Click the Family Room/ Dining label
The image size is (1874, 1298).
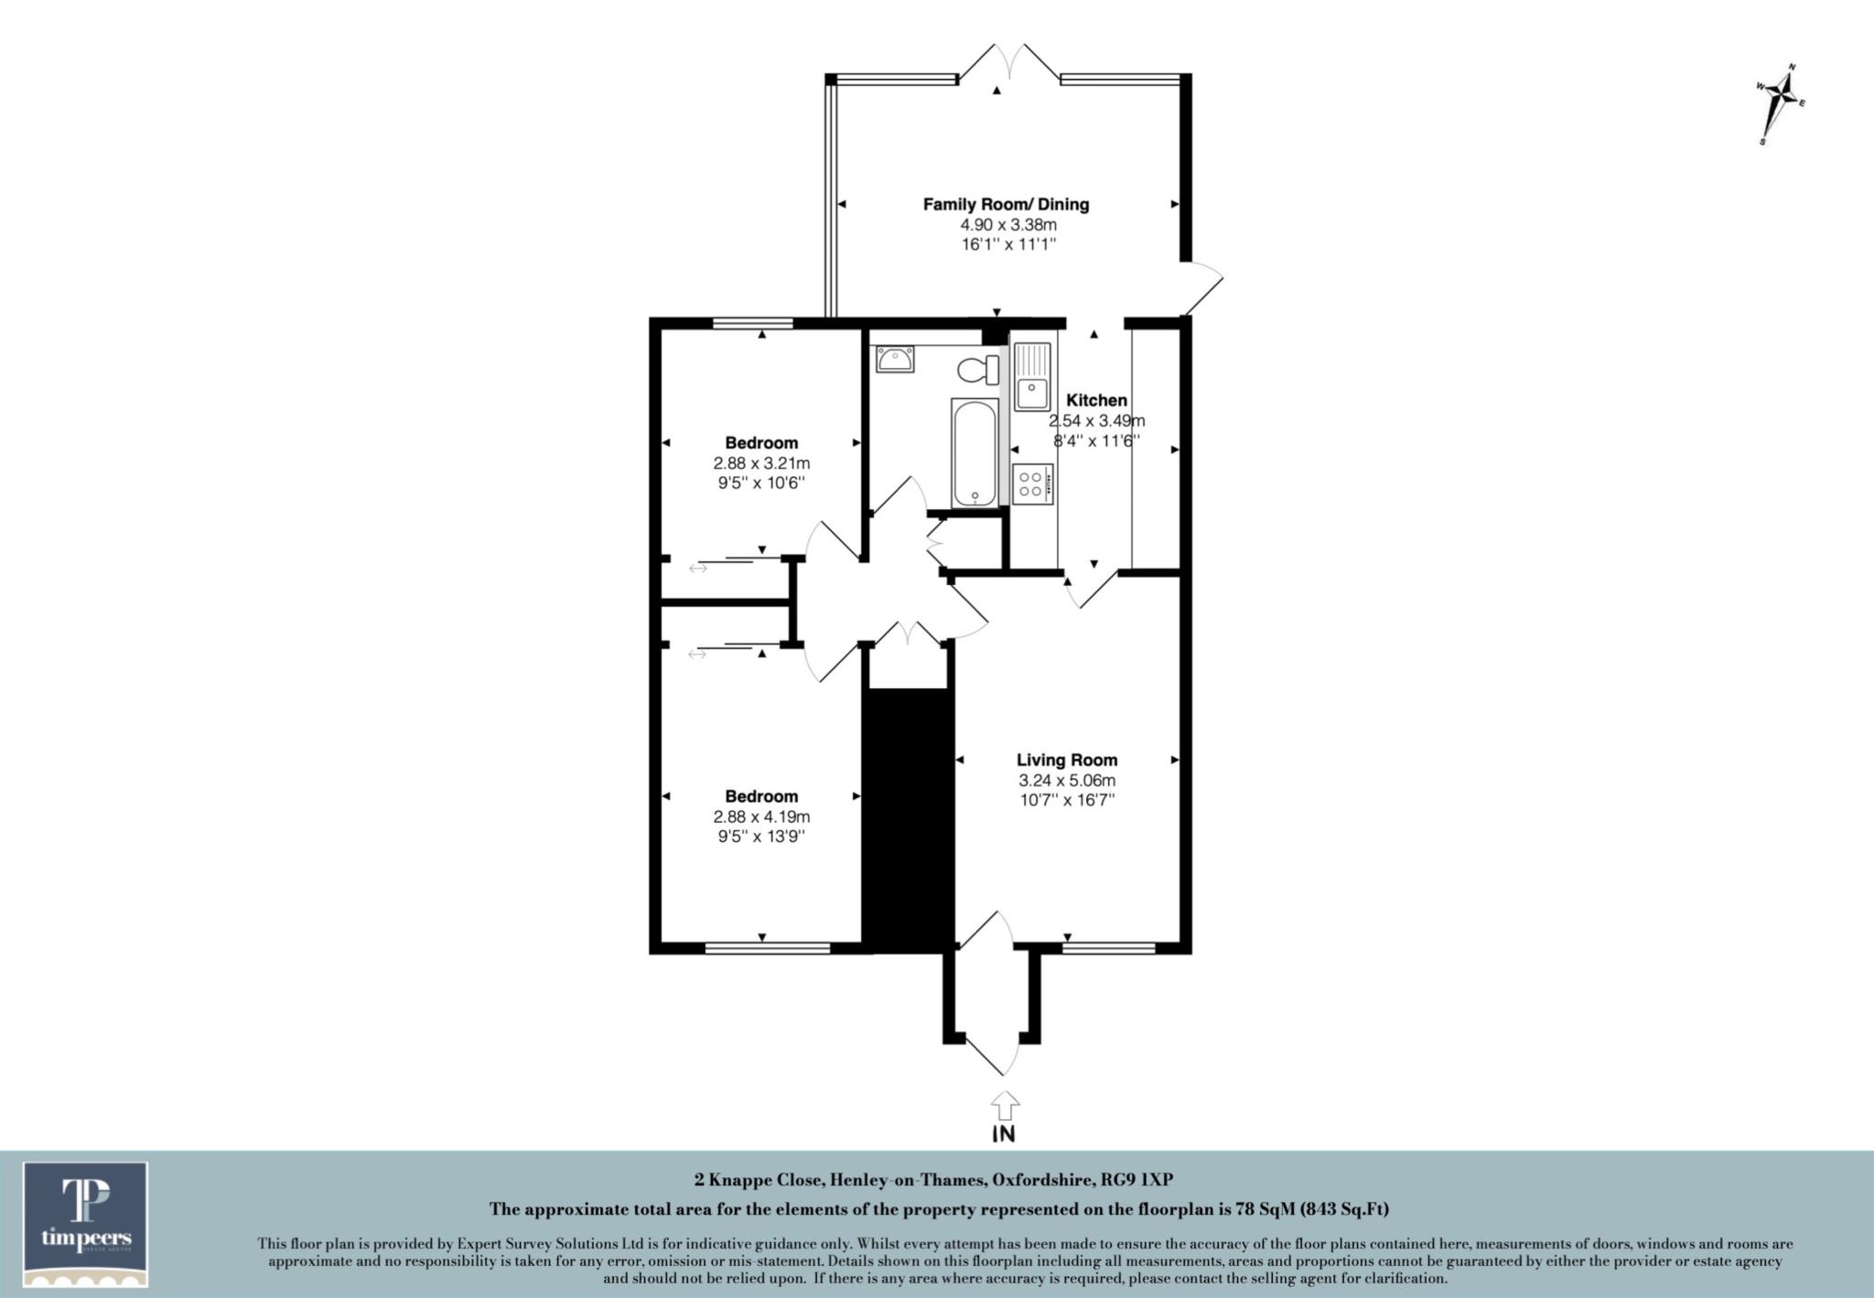pos(1006,204)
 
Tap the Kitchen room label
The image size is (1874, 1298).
pos(1096,400)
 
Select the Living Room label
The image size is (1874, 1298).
pos(1067,760)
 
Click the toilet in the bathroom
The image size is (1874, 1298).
pos(978,371)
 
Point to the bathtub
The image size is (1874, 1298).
pos(974,452)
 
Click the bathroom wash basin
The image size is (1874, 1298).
pos(894,360)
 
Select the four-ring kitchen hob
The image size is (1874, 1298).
pos(1033,482)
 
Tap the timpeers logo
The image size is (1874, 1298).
pos(86,1224)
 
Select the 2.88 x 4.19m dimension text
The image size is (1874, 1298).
pos(761,817)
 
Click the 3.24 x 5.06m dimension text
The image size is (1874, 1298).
pos(1067,781)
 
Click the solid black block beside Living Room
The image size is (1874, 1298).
pos(909,819)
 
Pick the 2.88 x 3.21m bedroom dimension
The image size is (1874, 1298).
pos(761,463)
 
